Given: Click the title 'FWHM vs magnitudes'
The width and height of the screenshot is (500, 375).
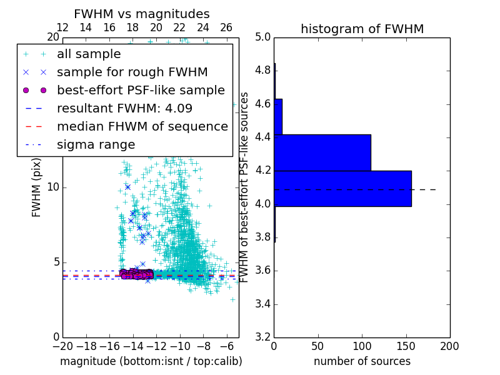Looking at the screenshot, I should [x=142, y=14].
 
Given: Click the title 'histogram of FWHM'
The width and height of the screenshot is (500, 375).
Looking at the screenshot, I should [x=362, y=29].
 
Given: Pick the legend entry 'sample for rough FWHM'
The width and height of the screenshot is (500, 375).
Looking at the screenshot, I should [x=132, y=72].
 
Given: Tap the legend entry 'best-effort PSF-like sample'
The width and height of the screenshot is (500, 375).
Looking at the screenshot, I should [x=141, y=90].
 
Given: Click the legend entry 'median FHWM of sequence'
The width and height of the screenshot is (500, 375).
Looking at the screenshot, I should [x=142, y=126].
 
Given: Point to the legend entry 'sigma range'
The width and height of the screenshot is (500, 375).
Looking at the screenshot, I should [x=96, y=144].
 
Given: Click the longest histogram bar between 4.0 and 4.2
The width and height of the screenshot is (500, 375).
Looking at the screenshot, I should [x=342, y=188].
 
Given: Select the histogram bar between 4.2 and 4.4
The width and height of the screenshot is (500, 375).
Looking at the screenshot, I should [x=322, y=152].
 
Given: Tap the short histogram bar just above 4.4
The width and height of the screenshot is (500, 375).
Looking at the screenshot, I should [x=278, y=116].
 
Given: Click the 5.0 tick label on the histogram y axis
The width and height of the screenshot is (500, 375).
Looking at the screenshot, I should [x=262, y=37].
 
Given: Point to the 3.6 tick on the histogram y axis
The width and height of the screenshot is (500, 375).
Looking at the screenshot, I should [x=262, y=271].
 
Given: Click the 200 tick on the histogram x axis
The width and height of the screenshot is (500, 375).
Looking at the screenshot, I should [x=449, y=346].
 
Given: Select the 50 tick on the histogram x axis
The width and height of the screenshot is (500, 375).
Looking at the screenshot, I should [x=318, y=346].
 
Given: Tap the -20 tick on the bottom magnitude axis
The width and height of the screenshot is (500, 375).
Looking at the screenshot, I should [x=62, y=346].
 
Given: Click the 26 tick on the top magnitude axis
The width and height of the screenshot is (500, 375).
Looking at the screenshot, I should [x=226, y=27].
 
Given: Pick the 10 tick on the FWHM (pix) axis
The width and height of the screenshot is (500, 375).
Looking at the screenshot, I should [x=52, y=187].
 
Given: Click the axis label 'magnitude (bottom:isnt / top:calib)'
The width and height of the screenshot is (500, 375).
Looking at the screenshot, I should [x=151, y=361].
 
